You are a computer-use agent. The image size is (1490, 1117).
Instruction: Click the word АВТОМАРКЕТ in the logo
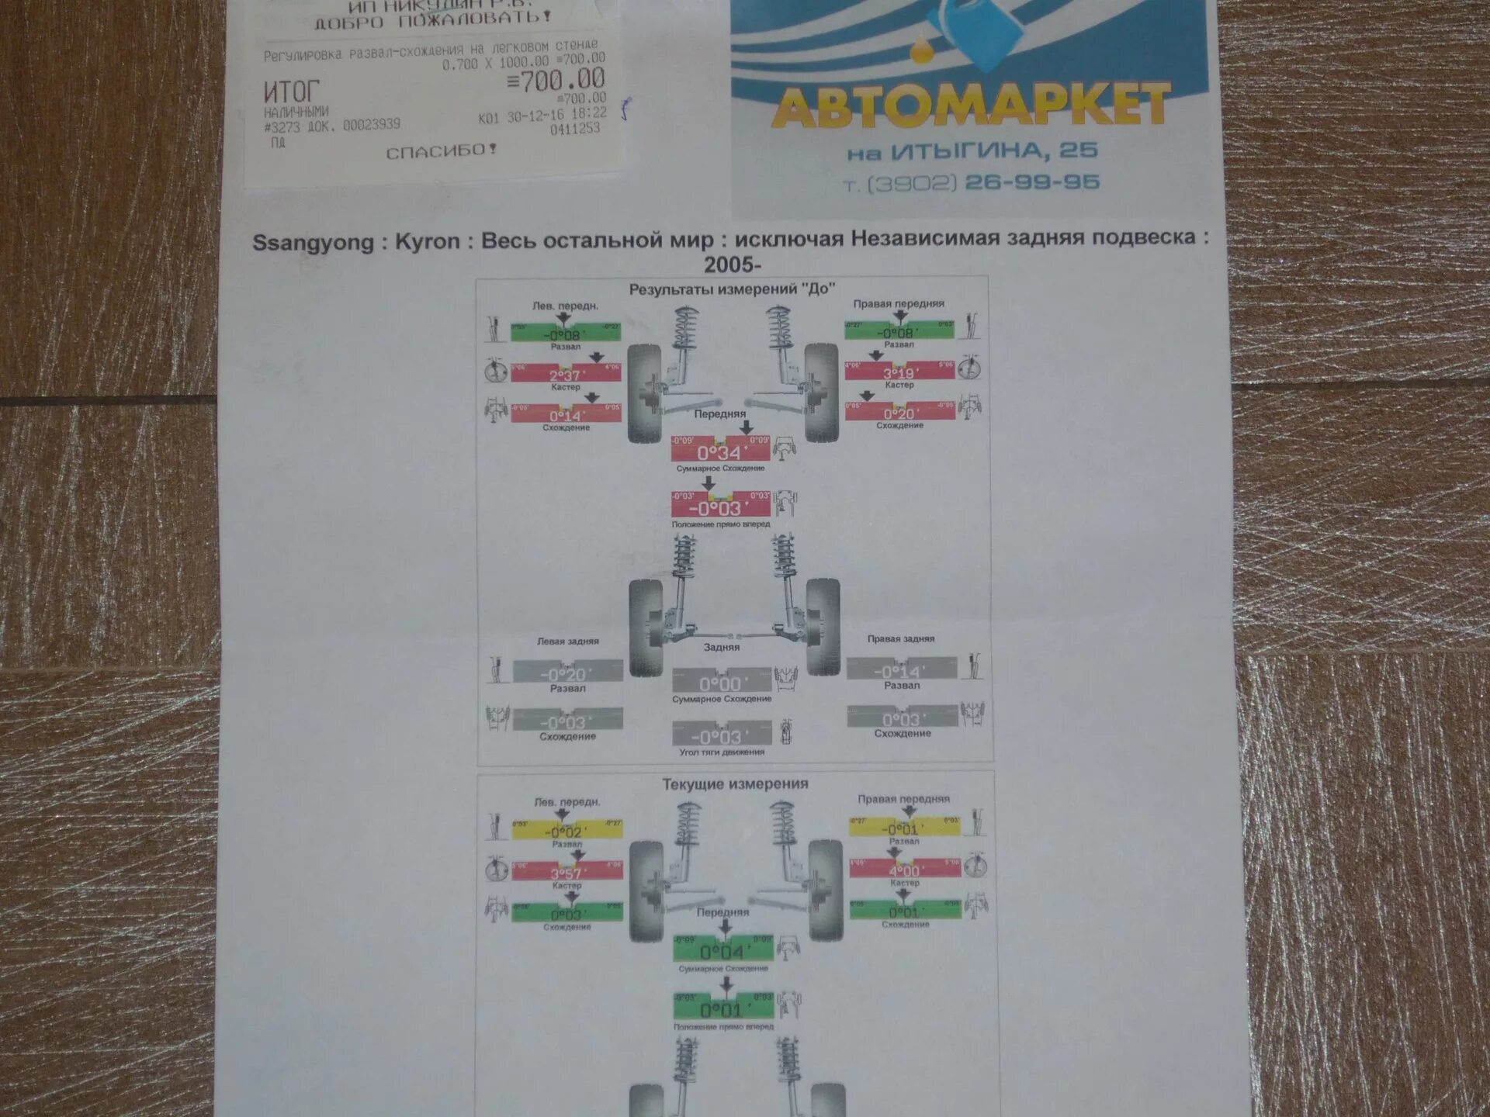pos(970,106)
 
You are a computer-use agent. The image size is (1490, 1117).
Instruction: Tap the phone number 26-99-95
pos(1032,183)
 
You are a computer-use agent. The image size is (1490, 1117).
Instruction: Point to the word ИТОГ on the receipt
pos(291,92)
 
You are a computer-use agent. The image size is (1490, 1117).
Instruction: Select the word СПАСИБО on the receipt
pos(441,151)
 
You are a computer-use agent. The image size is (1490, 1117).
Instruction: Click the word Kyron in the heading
pos(427,241)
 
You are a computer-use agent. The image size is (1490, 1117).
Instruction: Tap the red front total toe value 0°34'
pos(721,450)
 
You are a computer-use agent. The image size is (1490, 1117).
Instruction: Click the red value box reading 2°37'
pos(566,373)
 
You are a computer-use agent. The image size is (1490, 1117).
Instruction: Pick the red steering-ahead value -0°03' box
pos(721,506)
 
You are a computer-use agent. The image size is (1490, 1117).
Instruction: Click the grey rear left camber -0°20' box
pos(567,672)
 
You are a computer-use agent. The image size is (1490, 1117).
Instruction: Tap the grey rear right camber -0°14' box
pos(901,669)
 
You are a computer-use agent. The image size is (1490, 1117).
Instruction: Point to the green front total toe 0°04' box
pos(722,949)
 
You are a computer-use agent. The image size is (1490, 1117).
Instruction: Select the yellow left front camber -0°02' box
pos(567,830)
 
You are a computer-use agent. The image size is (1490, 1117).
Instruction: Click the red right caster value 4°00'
pos(905,869)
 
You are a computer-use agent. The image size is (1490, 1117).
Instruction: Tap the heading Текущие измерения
pos(735,784)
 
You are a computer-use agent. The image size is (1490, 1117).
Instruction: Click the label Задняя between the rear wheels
pos(722,647)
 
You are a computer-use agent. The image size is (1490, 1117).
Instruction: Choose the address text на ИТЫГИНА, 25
pos(972,151)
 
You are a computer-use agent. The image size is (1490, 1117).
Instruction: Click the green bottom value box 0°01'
pos(723,1007)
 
